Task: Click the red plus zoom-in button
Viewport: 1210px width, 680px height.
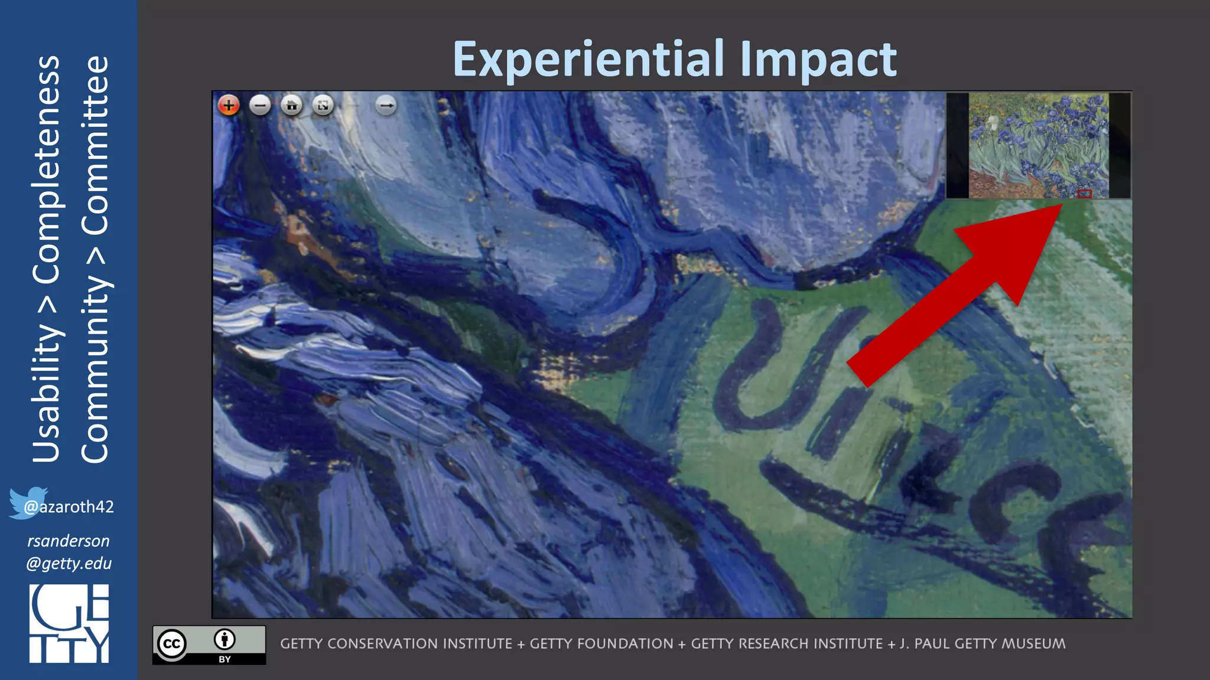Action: coord(229,106)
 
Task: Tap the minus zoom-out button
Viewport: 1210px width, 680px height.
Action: coord(260,106)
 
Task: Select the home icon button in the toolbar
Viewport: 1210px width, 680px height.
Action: coord(291,106)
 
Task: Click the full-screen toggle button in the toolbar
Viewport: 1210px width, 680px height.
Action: coord(323,106)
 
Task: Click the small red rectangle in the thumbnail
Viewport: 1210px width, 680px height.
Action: coord(1084,194)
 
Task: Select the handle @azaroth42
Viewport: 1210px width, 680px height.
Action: coord(69,507)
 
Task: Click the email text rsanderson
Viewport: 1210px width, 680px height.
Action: coord(69,541)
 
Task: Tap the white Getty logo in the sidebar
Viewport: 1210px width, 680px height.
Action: coord(69,623)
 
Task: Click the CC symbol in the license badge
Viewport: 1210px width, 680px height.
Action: coord(172,643)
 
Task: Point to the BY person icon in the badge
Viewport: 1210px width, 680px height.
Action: coord(225,639)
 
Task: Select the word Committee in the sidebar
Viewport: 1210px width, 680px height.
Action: coord(95,145)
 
